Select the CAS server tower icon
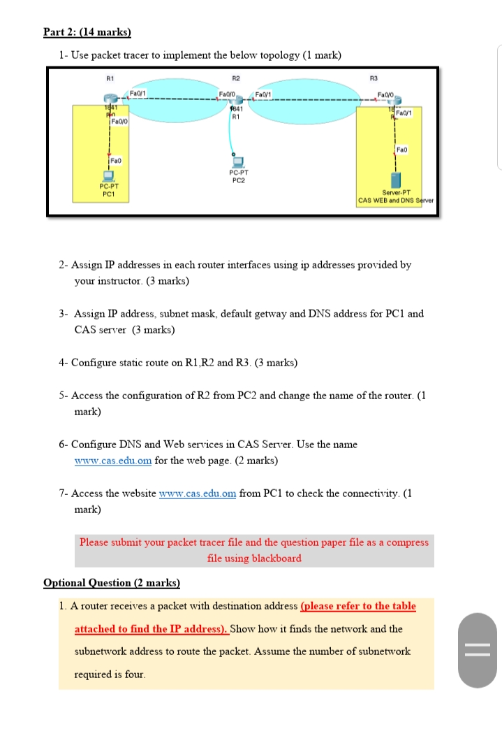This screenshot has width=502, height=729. [397, 180]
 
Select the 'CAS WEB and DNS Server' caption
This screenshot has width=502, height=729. [395, 201]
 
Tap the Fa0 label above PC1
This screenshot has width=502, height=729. [116, 159]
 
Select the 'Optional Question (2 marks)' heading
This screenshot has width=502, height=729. [111, 582]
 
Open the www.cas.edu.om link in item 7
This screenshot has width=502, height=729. [198, 493]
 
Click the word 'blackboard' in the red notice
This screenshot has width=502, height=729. [276, 558]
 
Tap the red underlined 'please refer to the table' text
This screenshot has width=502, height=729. [357, 606]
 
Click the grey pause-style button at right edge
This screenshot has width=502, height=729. [478, 650]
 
